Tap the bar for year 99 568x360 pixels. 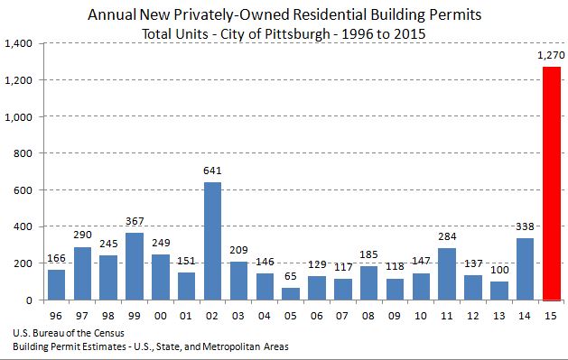pos(135,266)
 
